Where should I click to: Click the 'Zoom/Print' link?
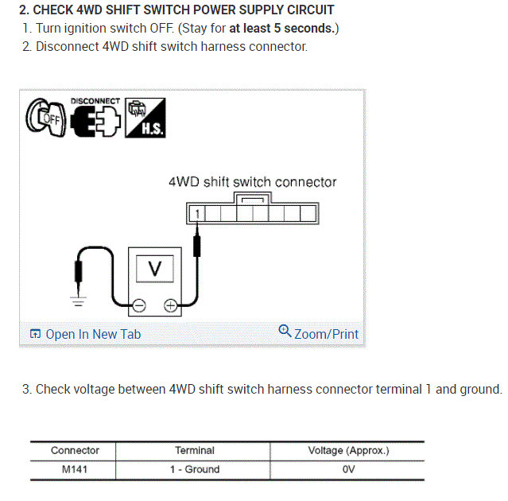coord(319,334)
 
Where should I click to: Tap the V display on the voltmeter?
coord(155,269)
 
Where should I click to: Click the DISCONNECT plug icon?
coord(95,119)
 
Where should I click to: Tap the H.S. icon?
coord(146,118)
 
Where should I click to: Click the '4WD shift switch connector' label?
coord(252,181)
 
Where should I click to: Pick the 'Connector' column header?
coord(75,451)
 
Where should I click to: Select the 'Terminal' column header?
coord(194,451)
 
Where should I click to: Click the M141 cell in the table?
coord(75,469)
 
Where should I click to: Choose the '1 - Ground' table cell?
coord(194,469)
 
